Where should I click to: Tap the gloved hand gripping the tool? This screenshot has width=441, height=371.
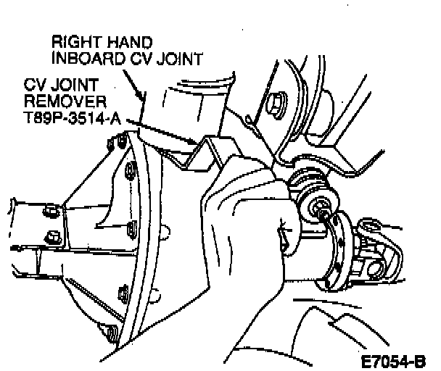(239, 217)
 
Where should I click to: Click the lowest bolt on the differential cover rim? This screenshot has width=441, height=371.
(110, 334)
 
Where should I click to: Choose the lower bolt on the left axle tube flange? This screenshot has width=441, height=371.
(51, 236)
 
